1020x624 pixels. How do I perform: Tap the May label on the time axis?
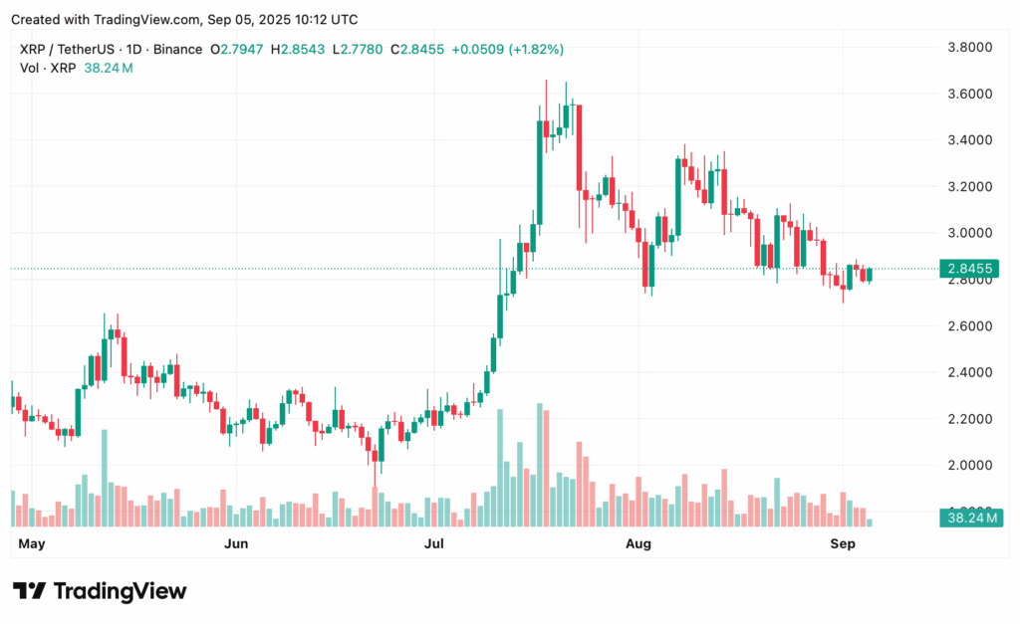[x=33, y=543]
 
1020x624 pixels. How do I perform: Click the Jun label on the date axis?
[x=236, y=543]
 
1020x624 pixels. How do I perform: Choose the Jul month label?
[x=433, y=543]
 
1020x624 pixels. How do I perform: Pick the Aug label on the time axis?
[x=638, y=543]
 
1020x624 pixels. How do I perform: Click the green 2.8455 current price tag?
[x=970, y=269]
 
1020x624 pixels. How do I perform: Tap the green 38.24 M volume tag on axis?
[x=970, y=518]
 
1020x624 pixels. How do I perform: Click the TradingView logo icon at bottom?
[x=28, y=591]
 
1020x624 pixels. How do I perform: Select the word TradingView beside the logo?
[x=120, y=591]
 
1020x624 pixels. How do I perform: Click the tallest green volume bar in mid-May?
[x=104, y=478]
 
